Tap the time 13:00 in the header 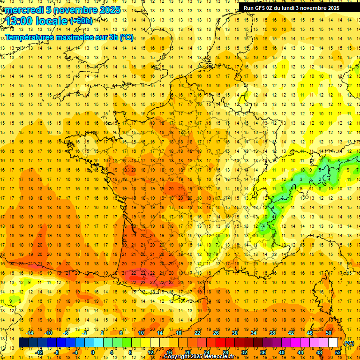tap(20, 21)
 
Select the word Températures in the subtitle tap(30, 37)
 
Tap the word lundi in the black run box tap(290, 8)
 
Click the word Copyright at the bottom tap(177, 357)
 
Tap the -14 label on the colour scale tap(30, 333)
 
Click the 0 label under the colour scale tap(93, 352)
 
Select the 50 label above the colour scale tap(329, 333)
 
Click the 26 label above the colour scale tap(216, 333)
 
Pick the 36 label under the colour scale tap(262, 352)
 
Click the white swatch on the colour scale tap(333, 343)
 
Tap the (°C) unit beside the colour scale tap(349, 343)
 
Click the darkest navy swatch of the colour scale tap(23, 343)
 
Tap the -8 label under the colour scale tap(57, 352)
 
